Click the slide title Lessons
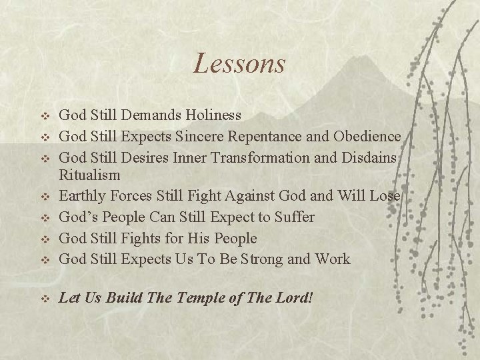point(239,64)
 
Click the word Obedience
point(368,137)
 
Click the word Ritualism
point(90,175)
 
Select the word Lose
point(387,196)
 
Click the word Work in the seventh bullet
point(332,259)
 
